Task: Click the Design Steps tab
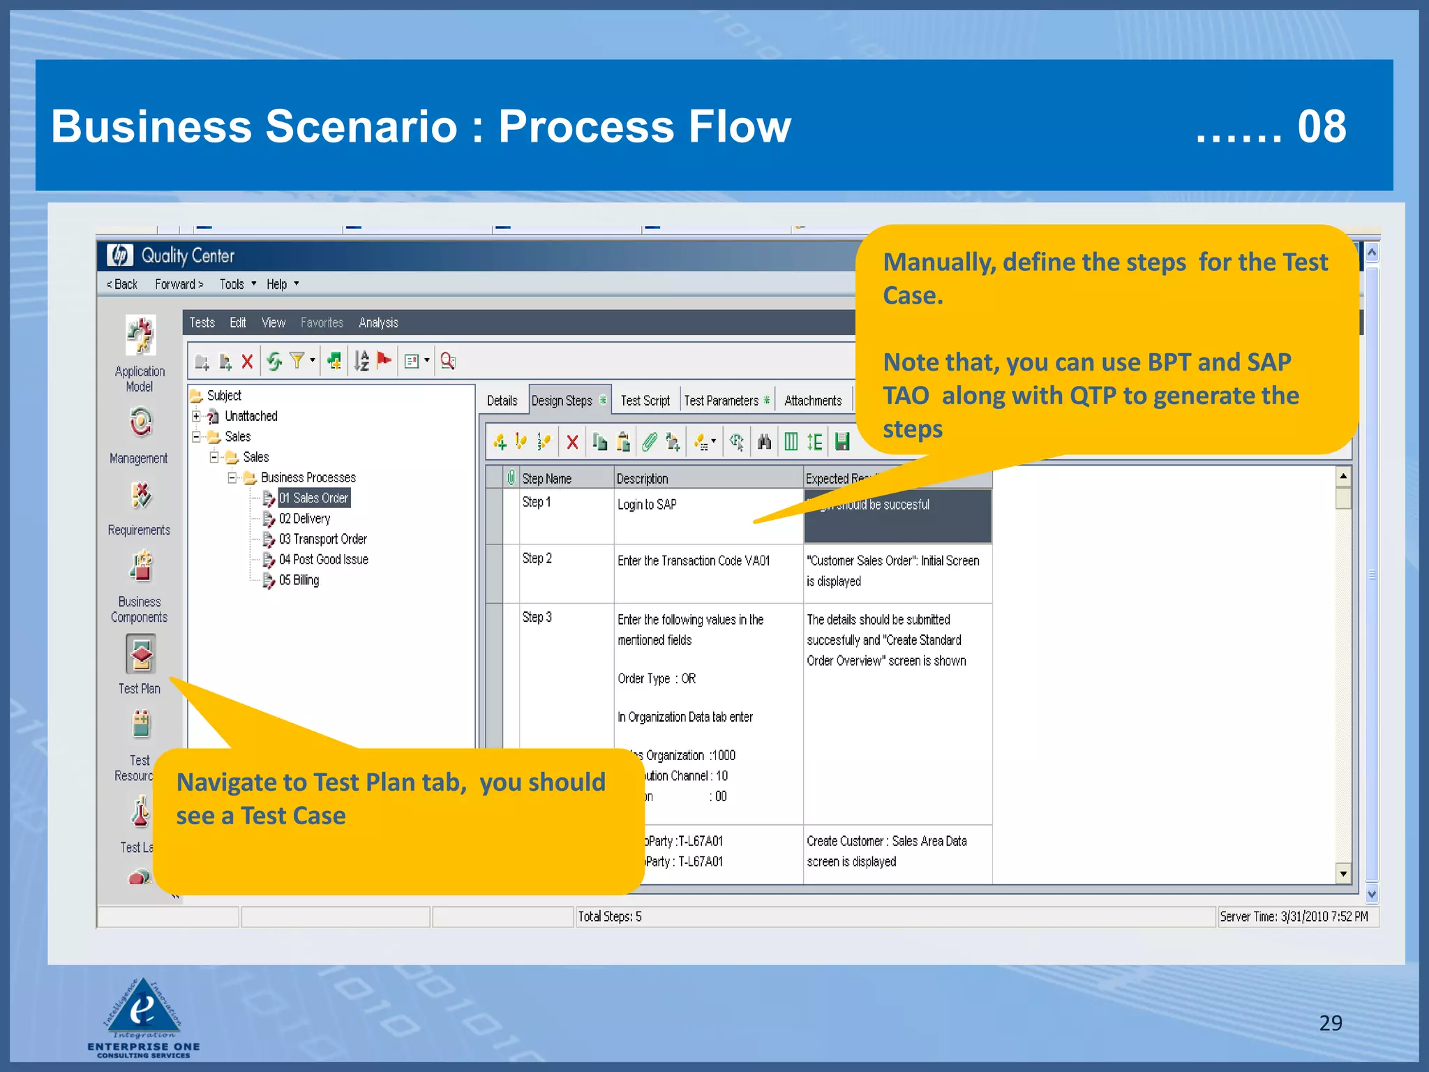tap(562, 401)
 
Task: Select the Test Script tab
tap(645, 401)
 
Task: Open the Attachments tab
tap(813, 401)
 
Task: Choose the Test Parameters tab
tap(721, 401)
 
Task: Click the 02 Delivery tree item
tap(304, 519)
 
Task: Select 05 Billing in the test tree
tap(299, 580)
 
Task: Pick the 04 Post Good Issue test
tap(323, 560)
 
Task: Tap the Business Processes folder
tap(308, 477)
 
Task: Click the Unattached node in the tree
tap(250, 416)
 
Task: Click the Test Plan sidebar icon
tap(140, 655)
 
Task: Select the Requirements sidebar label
tap(139, 530)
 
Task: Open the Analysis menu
tap(378, 322)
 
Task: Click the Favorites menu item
tap(322, 322)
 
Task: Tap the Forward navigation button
tap(179, 284)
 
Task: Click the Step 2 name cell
tap(537, 558)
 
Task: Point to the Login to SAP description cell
tap(647, 505)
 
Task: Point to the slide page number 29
tap(1331, 1022)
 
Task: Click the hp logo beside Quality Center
tap(120, 255)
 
